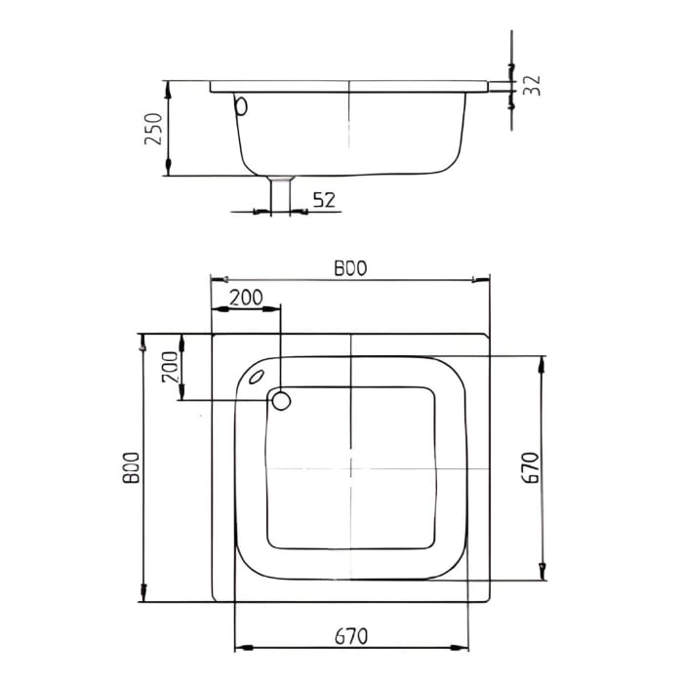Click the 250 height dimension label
click(153, 127)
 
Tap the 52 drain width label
click(323, 200)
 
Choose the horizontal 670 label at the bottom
click(350, 637)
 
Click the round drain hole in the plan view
click(281, 400)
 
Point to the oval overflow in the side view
click(242, 105)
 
